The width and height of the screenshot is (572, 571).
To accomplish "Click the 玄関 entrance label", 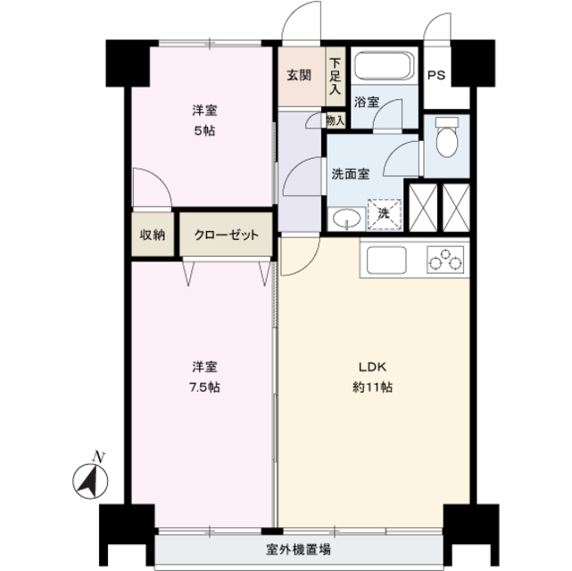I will tap(299, 75).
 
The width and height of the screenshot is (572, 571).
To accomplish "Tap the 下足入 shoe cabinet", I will tap(335, 76).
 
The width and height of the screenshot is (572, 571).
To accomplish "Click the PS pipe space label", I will tap(435, 75).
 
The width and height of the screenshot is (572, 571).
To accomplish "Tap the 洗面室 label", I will tap(351, 174).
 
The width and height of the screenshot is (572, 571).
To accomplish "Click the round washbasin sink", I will tap(344, 219).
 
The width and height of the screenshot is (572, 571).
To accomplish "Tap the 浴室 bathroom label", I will tap(366, 102).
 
